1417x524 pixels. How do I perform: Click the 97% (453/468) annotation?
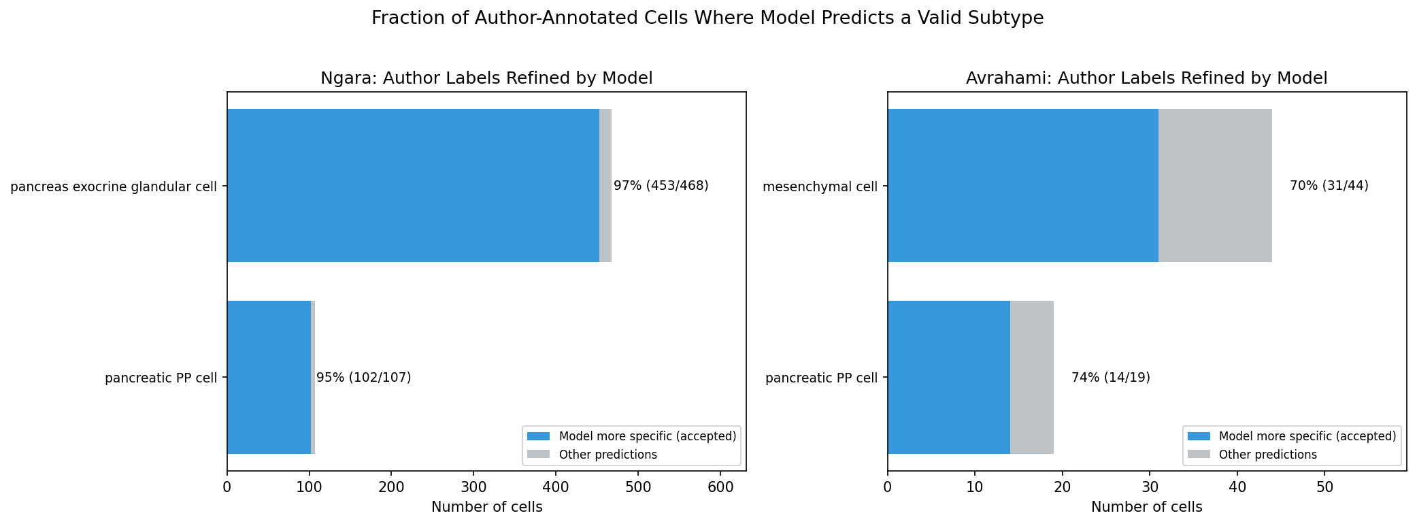[661, 186]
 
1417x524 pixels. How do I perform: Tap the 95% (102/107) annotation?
[363, 378]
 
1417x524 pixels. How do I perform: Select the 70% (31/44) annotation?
[1329, 186]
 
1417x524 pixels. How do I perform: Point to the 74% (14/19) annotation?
[1110, 378]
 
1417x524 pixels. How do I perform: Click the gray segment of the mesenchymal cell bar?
[1215, 186]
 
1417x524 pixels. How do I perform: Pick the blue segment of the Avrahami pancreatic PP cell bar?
[948, 378]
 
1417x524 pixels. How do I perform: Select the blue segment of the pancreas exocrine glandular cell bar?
[413, 186]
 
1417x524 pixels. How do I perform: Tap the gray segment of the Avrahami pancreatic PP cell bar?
[1031, 378]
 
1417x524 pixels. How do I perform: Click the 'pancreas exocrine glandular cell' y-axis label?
[114, 186]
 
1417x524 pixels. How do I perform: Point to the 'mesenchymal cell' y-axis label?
[820, 186]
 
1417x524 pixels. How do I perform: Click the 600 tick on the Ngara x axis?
[720, 487]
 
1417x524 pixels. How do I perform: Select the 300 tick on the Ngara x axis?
[473, 487]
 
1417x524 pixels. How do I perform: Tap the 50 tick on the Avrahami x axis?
[1324, 487]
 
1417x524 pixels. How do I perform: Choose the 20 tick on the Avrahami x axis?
[1062, 487]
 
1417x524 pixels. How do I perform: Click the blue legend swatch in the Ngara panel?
[538, 436]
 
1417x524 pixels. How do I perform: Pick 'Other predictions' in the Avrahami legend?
[1267, 455]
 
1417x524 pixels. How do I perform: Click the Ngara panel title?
[486, 78]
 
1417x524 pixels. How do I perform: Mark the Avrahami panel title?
[1146, 78]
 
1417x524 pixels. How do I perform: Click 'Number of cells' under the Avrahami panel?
[1146, 507]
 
